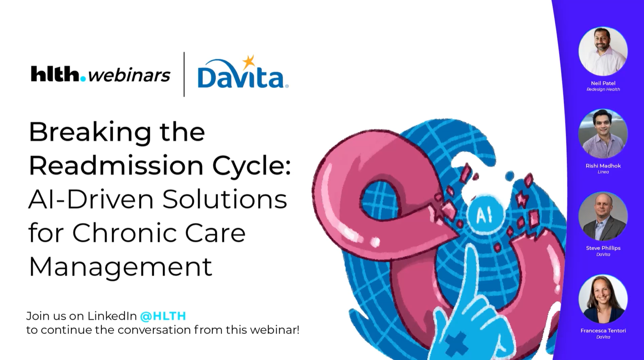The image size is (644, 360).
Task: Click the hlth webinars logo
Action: (x=101, y=74)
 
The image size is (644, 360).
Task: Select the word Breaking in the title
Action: (x=90, y=132)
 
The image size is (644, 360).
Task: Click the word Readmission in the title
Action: (x=116, y=166)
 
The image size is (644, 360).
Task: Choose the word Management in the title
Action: (x=120, y=267)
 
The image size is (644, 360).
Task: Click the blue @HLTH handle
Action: (x=163, y=316)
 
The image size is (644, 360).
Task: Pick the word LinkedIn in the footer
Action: (x=112, y=316)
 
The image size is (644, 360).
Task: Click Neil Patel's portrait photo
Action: (x=603, y=51)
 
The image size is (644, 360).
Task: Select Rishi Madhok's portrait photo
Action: (x=603, y=134)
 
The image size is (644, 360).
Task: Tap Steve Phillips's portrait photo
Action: (x=603, y=216)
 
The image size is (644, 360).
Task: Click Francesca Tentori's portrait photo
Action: (x=603, y=299)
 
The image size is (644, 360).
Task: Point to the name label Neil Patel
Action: (x=603, y=83)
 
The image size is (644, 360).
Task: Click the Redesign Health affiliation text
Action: (x=603, y=90)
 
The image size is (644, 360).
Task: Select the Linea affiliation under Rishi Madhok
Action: (x=603, y=172)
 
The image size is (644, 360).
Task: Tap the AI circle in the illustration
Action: (x=484, y=215)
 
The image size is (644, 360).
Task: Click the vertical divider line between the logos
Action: (x=184, y=74)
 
